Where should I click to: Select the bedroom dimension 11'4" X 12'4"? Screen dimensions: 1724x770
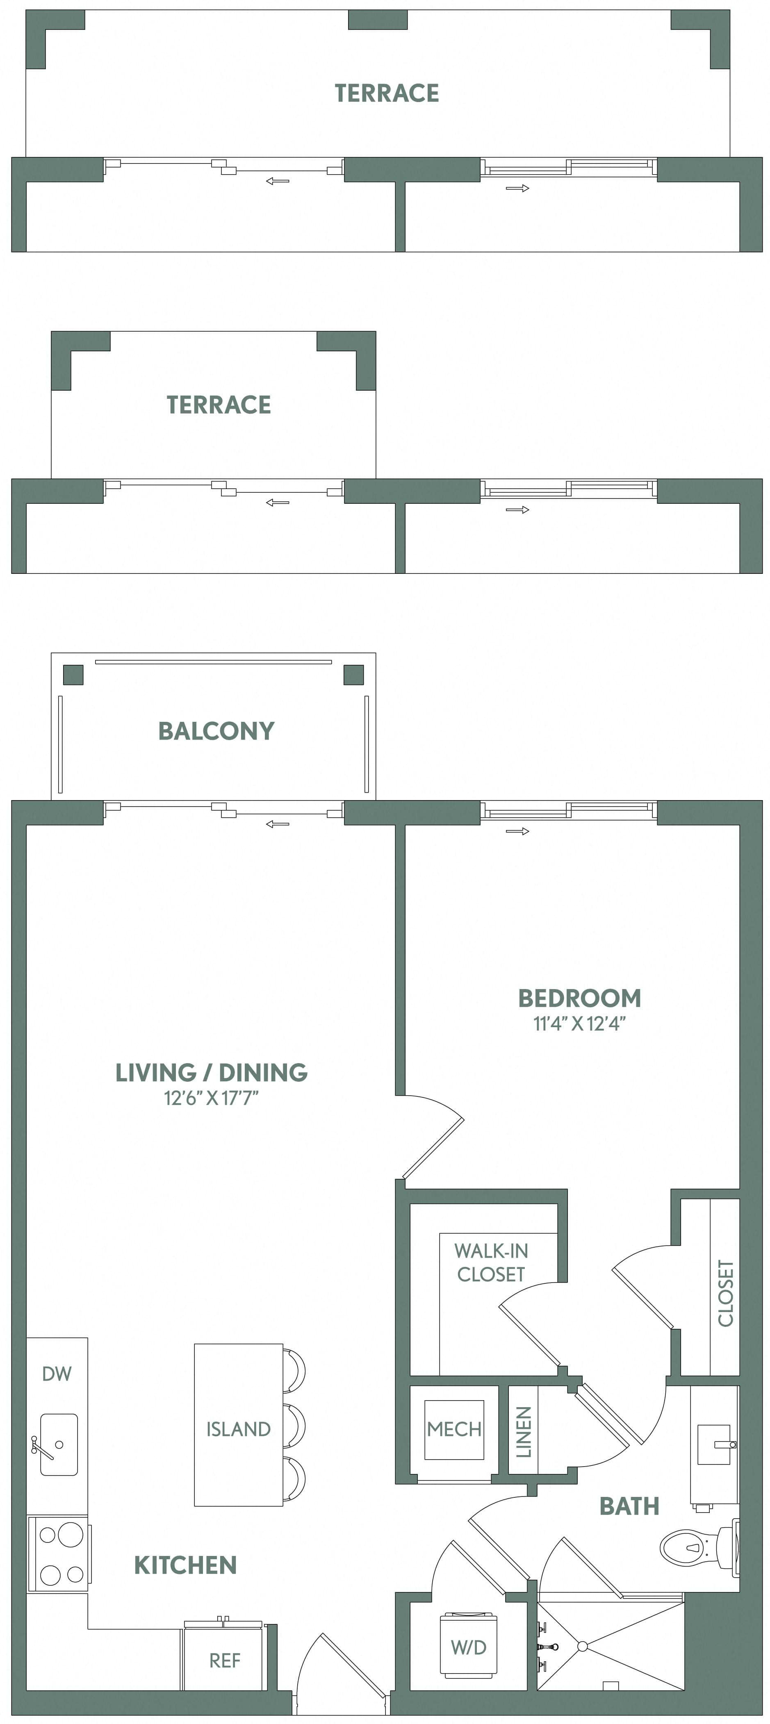click(579, 1024)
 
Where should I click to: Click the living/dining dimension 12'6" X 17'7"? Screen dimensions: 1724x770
click(211, 1098)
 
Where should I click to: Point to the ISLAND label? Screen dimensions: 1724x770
click(238, 1429)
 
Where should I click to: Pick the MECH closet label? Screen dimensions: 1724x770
click(454, 1429)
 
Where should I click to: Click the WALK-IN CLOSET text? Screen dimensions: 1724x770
click(491, 1262)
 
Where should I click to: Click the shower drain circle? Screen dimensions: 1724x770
click(582, 1646)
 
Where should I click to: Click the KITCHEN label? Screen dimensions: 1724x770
click(185, 1565)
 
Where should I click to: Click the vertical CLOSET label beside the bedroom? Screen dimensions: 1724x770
click(725, 1293)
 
